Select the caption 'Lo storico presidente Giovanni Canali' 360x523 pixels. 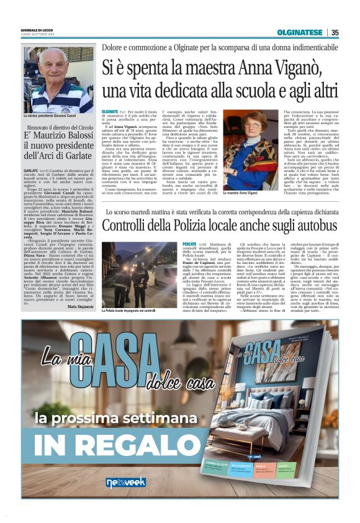[52, 116]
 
